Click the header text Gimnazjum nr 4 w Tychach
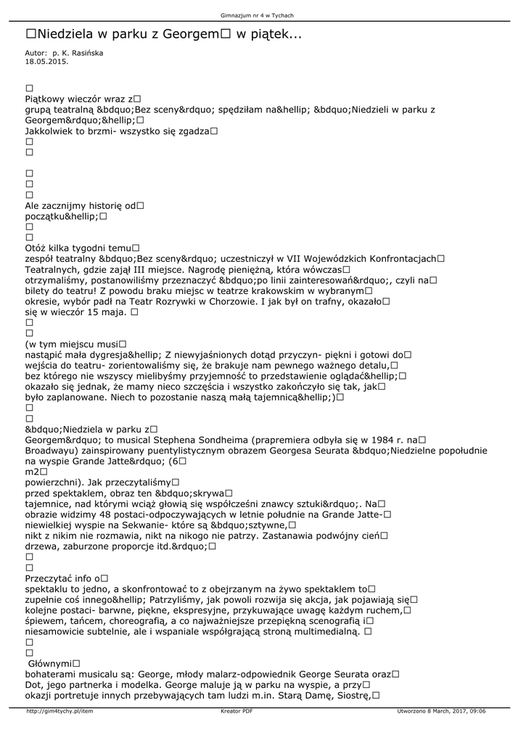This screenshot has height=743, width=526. [x=262, y=15]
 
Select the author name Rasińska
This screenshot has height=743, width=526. [x=85, y=54]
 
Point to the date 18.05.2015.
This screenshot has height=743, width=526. [x=46, y=62]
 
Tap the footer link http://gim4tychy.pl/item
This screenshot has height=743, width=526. [x=59, y=711]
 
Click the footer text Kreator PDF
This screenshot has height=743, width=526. [x=237, y=711]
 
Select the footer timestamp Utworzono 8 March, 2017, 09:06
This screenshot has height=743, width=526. [x=441, y=711]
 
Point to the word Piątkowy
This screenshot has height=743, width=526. [x=48, y=99]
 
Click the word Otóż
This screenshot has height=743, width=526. [x=36, y=248]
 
